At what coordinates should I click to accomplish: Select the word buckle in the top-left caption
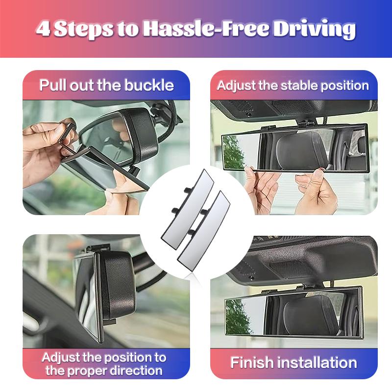150,85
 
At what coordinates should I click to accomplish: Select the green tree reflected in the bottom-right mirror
238,316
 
